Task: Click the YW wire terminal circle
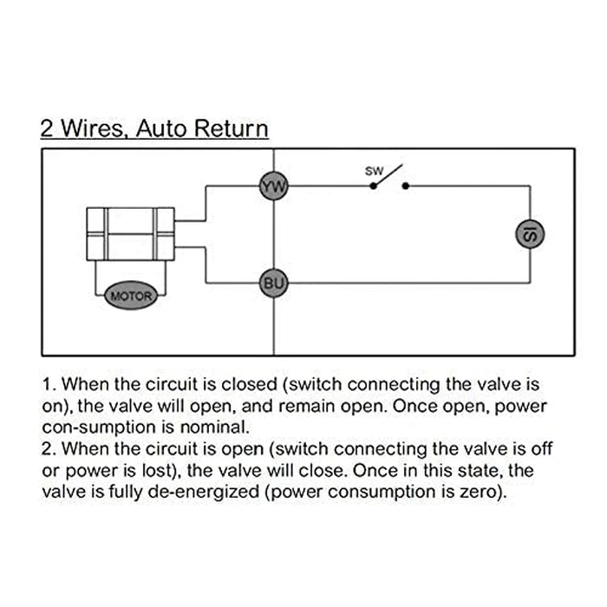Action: coord(274,186)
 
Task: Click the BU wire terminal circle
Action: coord(274,283)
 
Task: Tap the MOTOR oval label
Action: coord(130,297)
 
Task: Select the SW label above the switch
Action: coord(374,171)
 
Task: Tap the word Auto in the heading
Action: coord(162,129)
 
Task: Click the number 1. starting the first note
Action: coord(49,383)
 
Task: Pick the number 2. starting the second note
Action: coord(49,449)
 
